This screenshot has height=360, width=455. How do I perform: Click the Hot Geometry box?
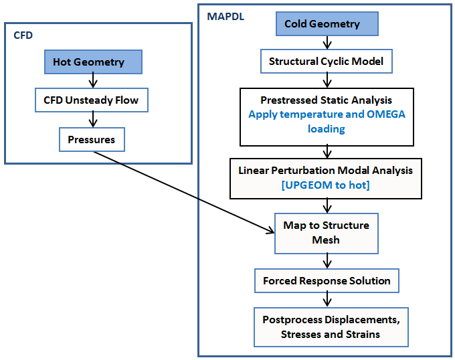coord(90,62)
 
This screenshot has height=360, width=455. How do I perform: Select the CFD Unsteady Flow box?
coord(91,101)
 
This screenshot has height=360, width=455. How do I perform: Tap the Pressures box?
coord(91,140)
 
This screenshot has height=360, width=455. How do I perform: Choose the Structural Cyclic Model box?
coord(326,62)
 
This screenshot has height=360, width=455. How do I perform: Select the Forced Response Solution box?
coord(327,280)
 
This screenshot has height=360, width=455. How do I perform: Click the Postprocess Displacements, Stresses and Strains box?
coord(331,327)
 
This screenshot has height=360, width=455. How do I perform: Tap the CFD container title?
coord(23,35)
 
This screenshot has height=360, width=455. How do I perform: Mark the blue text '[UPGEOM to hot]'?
coord(326,185)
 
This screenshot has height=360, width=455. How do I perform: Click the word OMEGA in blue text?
coord(386,114)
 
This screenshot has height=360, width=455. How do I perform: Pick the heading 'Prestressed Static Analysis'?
coord(327,100)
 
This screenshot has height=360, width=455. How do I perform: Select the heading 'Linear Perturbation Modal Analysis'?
coord(326,171)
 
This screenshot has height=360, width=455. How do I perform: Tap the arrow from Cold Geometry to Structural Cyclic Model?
coord(326,43)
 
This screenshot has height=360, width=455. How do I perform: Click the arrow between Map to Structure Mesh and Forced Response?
coord(327,261)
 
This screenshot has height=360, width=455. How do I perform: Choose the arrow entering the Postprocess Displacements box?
coord(327,300)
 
